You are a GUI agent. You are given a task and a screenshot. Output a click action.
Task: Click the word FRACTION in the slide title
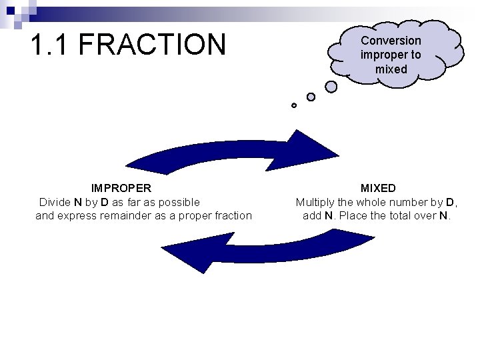[x=153, y=45]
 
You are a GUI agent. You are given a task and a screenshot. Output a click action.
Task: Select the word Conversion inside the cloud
[x=391, y=41]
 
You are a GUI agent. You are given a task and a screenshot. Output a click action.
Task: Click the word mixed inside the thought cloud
[x=391, y=69]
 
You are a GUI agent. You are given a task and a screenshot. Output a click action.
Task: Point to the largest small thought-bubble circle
[x=331, y=86]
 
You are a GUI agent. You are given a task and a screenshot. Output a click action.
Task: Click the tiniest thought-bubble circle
[x=294, y=105]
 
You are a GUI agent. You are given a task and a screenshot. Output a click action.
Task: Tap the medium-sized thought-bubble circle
[x=311, y=97]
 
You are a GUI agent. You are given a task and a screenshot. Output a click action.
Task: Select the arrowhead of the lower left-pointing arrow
[x=183, y=254]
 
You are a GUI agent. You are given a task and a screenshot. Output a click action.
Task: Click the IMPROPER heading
[x=121, y=189]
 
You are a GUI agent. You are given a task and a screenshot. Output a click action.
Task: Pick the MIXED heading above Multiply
[x=378, y=189]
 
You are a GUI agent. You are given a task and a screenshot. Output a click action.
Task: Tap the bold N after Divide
[x=78, y=202]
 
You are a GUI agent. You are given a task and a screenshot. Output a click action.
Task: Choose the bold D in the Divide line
[x=105, y=202]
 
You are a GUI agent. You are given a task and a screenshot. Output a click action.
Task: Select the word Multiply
[x=317, y=202]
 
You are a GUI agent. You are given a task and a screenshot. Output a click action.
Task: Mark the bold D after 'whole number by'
[x=450, y=202]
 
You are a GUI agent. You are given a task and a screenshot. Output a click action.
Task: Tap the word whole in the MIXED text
[x=373, y=202]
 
